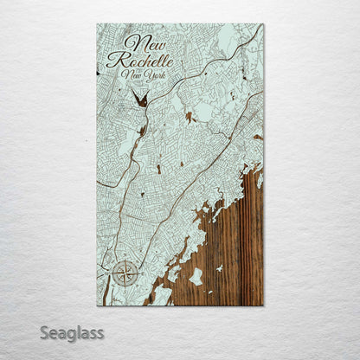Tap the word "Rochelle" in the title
tap(140, 61)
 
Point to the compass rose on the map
tap(124, 273)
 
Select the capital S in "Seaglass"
tap(44, 332)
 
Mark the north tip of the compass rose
tap(124, 260)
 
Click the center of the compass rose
tap(124, 273)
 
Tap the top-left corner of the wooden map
tap(97, 24)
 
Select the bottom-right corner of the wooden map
tap(263, 305)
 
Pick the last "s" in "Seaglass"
tap(100, 332)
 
